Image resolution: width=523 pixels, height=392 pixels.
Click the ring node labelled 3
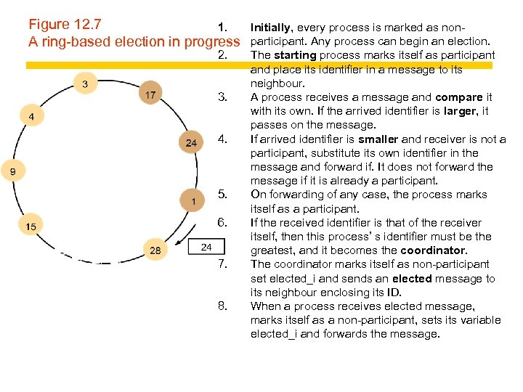click(x=85, y=84)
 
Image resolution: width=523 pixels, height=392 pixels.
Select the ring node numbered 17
click(x=150, y=95)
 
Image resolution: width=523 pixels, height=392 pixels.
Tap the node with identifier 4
click(x=31, y=116)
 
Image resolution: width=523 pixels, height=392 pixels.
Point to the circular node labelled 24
click(x=190, y=143)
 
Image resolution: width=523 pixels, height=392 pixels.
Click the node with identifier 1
click(x=193, y=200)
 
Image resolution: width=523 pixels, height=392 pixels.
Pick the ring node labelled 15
click(x=31, y=226)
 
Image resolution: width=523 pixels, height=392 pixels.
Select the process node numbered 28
click(x=155, y=250)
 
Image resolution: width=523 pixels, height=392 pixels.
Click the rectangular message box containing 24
click(x=206, y=248)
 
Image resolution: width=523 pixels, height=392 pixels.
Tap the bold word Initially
click(x=272, y=28)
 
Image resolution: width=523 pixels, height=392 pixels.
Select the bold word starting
click(x=295, y=55)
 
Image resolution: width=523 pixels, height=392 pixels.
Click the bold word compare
click(x=458, y=97)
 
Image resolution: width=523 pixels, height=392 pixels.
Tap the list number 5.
click(x=223, y=194)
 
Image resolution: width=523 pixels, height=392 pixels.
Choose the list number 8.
click(x=223, y=306)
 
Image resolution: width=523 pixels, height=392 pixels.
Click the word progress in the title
click(x=211, y=41)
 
